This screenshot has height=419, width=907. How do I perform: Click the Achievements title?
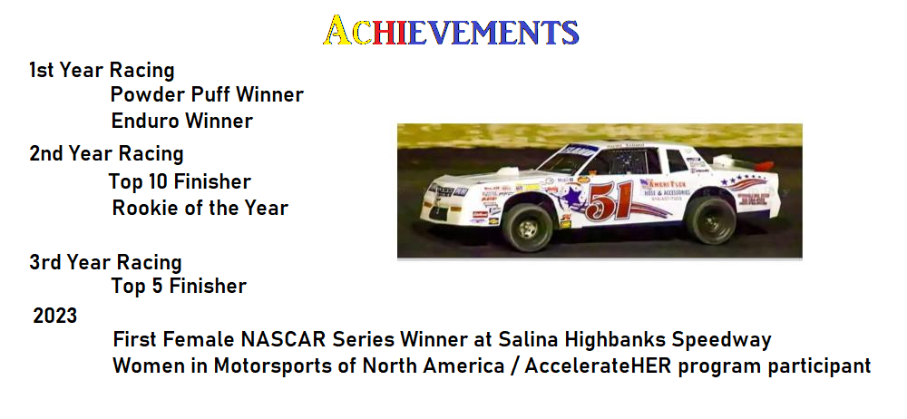pos(451,32)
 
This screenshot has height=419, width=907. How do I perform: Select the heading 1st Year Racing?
pos(102,70)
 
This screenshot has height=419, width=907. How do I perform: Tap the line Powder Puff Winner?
pos(207,94)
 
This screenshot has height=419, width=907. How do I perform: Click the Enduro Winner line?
pos(181,121)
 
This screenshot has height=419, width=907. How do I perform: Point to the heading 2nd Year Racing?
pos(106,154)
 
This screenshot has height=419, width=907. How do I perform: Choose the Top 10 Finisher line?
pos(180,182)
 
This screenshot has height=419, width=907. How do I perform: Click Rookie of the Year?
pos(200,208)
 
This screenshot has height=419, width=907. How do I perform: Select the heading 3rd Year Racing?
pos(105,263)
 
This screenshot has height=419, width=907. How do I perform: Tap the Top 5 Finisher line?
pos(179,287)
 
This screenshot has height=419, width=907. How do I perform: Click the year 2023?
pos(55,317)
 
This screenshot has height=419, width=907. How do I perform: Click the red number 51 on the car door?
pos(609,201)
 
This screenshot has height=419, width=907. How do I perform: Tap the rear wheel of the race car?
pos(710,219)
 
